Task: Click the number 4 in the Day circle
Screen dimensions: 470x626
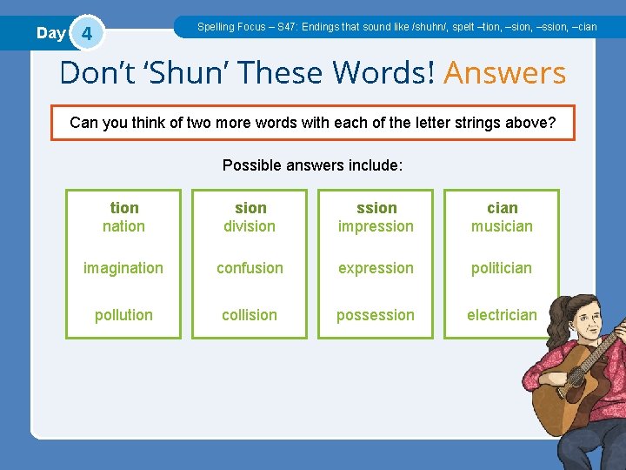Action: tap(85, 35)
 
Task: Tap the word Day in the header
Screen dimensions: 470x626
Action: tap(50, 33)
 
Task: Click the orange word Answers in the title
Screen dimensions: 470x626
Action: tap(504, 73)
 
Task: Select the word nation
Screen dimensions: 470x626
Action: tap(123, 226)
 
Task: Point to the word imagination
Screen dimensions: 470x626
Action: tap(123, 268)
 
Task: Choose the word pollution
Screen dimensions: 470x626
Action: tap(123, 315)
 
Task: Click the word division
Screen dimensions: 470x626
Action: tap(250, 226)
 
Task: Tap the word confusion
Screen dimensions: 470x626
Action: tap(250, 268)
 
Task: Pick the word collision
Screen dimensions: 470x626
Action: tap(250, 315)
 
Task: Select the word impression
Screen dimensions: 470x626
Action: tap(376, 226)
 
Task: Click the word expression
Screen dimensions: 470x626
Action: tap(376, 268)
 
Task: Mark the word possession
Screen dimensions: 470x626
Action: tap(376, 315)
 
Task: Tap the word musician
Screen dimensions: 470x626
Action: tap(502, 226)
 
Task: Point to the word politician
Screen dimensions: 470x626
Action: tap(502, 268)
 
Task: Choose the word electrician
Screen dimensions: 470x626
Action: tap(502, 315)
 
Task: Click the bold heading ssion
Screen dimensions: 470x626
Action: tap(376, 208)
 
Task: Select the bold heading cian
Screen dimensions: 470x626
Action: tap(503, 208)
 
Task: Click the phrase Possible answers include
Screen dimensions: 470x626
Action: tap(312, 165)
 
